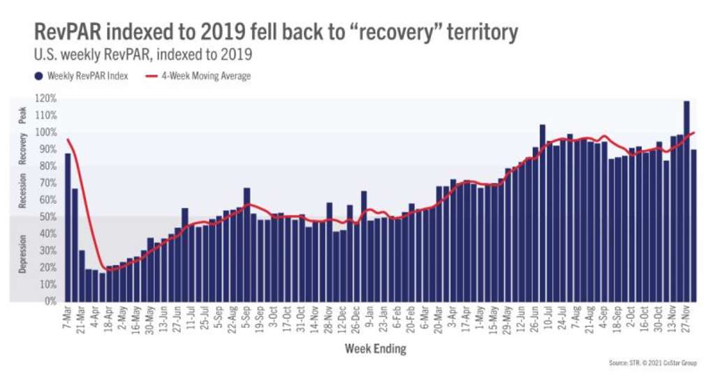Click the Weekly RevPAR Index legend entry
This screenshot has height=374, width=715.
coord(83,76)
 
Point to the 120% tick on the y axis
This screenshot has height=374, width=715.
coord(46,98)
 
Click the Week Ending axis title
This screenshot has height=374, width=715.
coord(376,348)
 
